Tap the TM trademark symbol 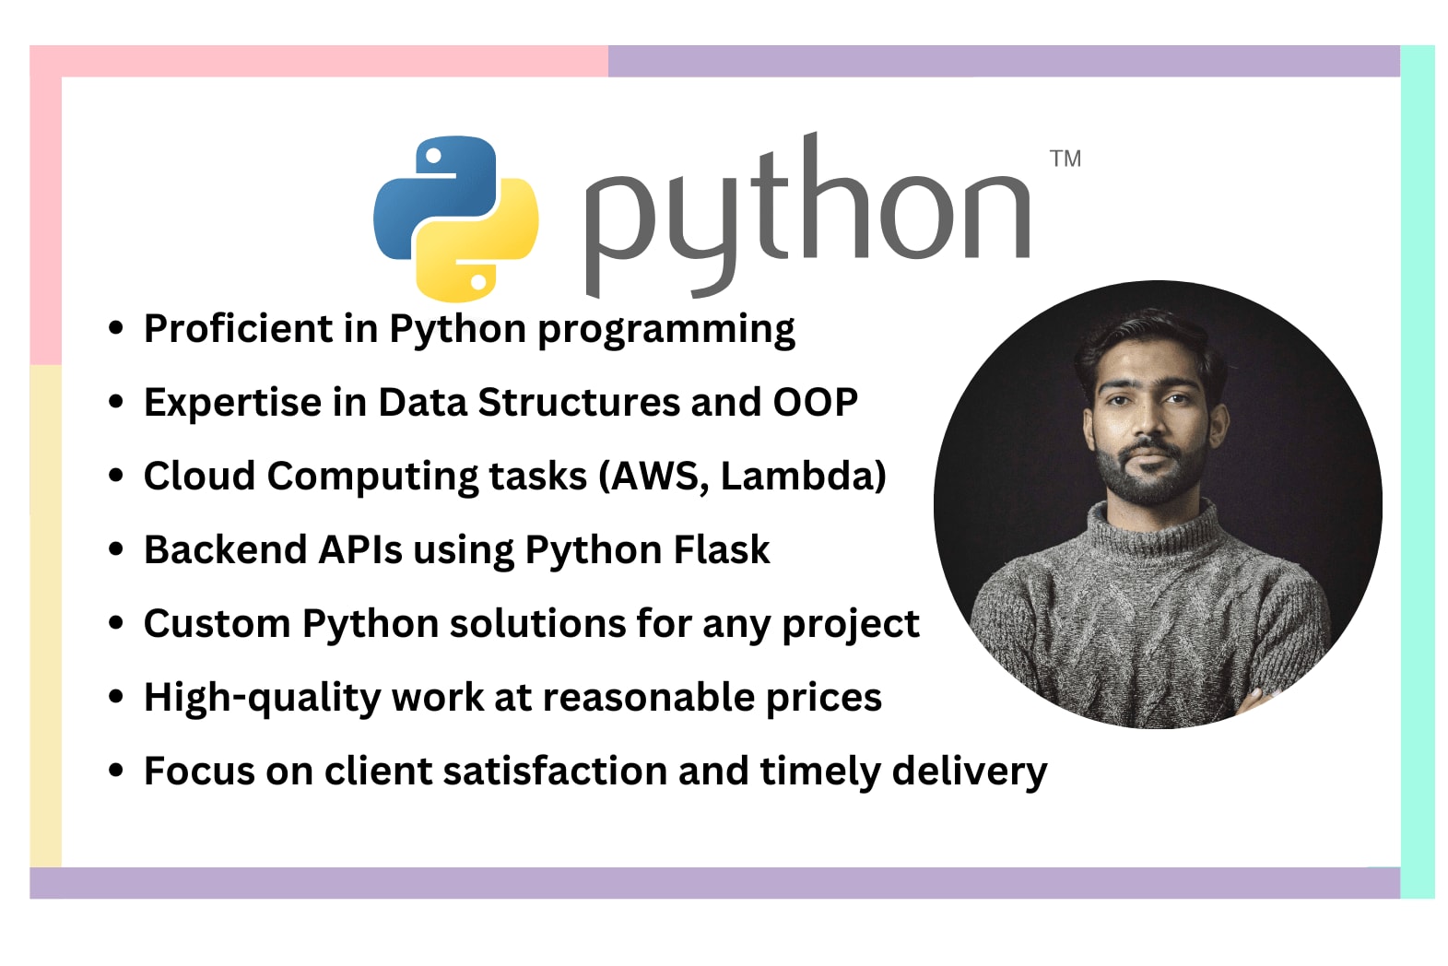(1065, 159)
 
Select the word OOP (815, 403)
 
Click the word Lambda (797, 477)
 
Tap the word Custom (217, 624)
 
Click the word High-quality (262, 698)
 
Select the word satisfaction (554, 772)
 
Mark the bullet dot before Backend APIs (116, 549)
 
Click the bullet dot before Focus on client (116, 771)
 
